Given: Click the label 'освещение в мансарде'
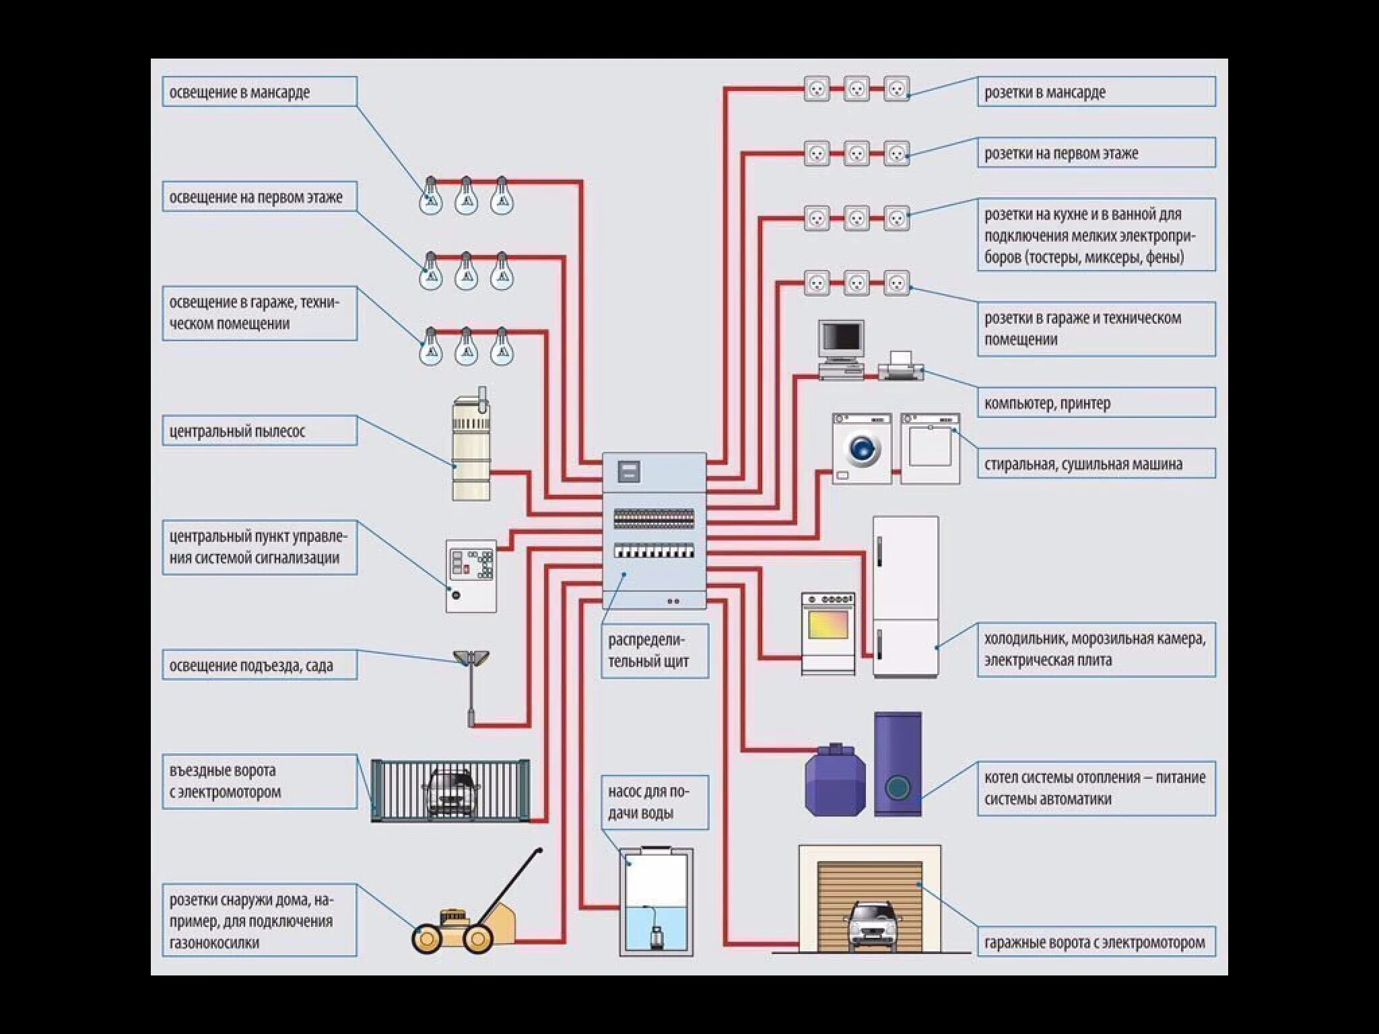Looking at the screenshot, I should pos(259,92).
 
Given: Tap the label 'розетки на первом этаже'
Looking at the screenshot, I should pos(1096,153).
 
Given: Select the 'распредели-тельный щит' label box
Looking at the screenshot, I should pos(654,650).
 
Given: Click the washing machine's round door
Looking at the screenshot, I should pos(863,448).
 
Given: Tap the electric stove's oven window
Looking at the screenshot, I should pos(828,626).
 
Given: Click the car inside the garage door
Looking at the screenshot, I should pos(873,924).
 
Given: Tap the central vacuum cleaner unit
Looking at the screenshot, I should pos(471,448).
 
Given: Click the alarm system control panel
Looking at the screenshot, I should pos(471,576).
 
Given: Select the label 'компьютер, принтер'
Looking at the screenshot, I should pos(1096,403).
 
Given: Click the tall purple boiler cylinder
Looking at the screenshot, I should pos(897,764).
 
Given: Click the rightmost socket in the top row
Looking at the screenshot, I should pos(896,88).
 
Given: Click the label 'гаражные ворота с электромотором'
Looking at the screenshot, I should pos(1096,942).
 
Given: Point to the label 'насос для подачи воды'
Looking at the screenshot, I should pos(654,802).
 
